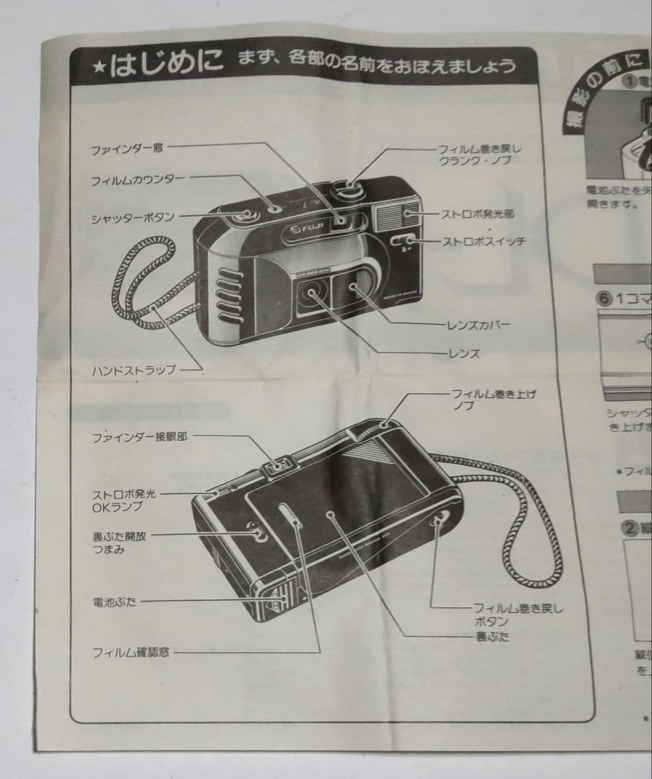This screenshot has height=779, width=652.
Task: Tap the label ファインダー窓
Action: pyautogui.click(x=127, y=149)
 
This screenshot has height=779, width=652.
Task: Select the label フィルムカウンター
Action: pyautogui.click(x=137, y=180)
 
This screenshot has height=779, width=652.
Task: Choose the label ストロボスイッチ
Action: pyautogui.click(x=484, y=242)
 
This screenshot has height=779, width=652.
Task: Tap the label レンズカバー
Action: pyautogui.click(x=479, y=324)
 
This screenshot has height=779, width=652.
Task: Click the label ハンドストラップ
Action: pyautogui.click(x=134, y=371)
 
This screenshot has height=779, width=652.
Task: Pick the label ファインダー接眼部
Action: pyautogui.click(x=139, y=437)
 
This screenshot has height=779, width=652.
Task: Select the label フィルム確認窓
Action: pyautogui.click(x=131, y=653)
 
